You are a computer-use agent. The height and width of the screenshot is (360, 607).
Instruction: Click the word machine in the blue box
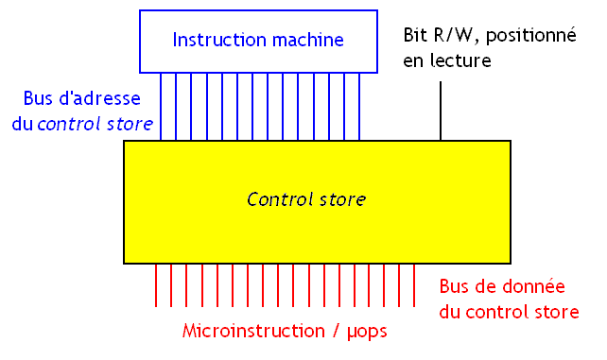click(303, 40)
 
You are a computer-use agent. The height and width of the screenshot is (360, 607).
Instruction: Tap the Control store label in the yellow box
click(305, 199)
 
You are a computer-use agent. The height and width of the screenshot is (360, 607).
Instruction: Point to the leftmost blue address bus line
click(161, 107)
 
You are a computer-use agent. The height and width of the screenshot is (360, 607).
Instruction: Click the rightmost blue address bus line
click(358, 107)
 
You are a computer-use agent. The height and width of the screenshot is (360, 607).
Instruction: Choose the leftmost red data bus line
click(156, 285)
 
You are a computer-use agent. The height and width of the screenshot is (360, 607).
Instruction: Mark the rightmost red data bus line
click(414, 285)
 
